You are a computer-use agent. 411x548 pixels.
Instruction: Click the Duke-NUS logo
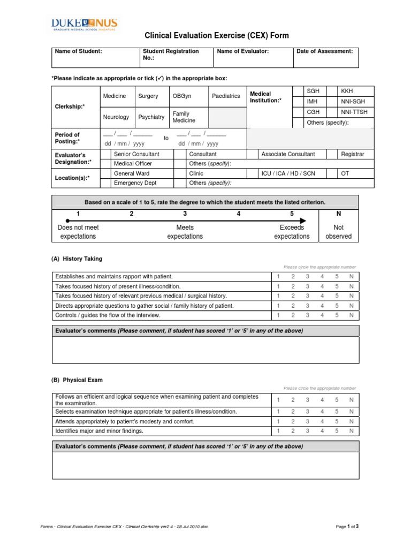pyautogui.click(x=85, y=25)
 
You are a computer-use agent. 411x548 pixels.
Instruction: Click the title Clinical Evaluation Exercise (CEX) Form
pyautogui.click(x=217, y=36)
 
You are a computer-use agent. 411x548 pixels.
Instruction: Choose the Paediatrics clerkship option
pyautogui.click(x=226, y=96)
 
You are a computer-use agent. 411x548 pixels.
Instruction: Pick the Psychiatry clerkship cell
pyautogui.click(x=151, y=117)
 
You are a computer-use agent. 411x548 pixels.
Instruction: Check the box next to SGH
pyautogui.click(x=297, y=91)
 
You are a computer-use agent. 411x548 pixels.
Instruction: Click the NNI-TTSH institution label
pyautogui.click(x=354, y=112)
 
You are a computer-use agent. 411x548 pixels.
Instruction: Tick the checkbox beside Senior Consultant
pyautogui.click(x=106, y=154)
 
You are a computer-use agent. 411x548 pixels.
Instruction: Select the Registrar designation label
pyautogui.click(x=353, y=154)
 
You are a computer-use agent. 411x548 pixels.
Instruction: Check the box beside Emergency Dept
pyautogui.click(x=106, y=183)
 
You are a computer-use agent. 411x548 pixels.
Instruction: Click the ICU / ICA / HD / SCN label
pyautogui.click(x=288, y=174)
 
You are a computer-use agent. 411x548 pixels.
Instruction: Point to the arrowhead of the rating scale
pyautogui.click(x=303, y=220)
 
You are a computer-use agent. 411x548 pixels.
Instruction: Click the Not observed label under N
pyautogui.click(x=338, y=232)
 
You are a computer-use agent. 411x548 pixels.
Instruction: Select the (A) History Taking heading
pyautogui.click(x=77, y=259)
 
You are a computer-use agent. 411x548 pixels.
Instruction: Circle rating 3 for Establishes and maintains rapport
pyautogui.click(x=307, y=277)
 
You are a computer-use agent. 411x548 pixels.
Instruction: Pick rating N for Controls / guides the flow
pyautogui.click(x=351, y=315)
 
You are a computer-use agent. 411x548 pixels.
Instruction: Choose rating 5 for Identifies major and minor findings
pyautogui.click(x=337, y=431)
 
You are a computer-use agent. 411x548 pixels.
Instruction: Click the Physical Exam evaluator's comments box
pyautogui.click(x=205, y=465)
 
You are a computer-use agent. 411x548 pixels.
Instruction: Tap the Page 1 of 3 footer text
pyautogui.click(x=347, y=527)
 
